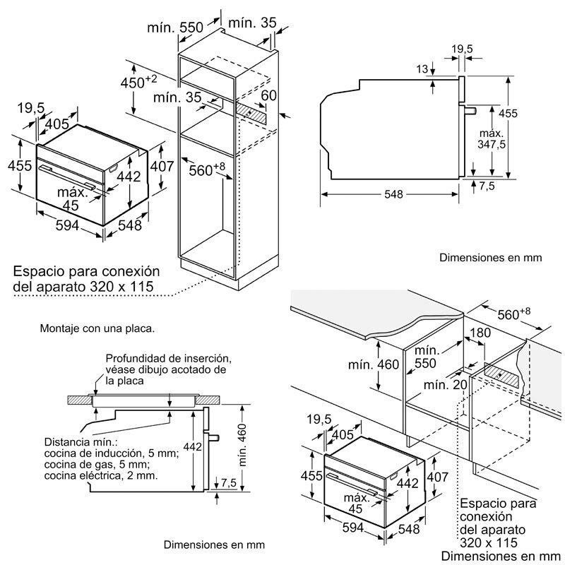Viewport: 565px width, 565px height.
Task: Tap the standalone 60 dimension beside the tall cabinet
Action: coord(268,95)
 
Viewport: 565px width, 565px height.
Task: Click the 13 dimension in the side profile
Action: coord(422,69)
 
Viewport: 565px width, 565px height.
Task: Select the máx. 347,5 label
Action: coord(492,138)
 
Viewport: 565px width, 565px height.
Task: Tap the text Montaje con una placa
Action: coord(97,328)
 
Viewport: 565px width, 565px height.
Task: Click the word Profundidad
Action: coord(139,359)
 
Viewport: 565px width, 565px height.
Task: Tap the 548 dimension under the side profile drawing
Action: coord(395,194)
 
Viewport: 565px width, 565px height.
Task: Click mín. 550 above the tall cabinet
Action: coord(174,28)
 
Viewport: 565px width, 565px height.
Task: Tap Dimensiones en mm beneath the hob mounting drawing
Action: coord(214,545)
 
